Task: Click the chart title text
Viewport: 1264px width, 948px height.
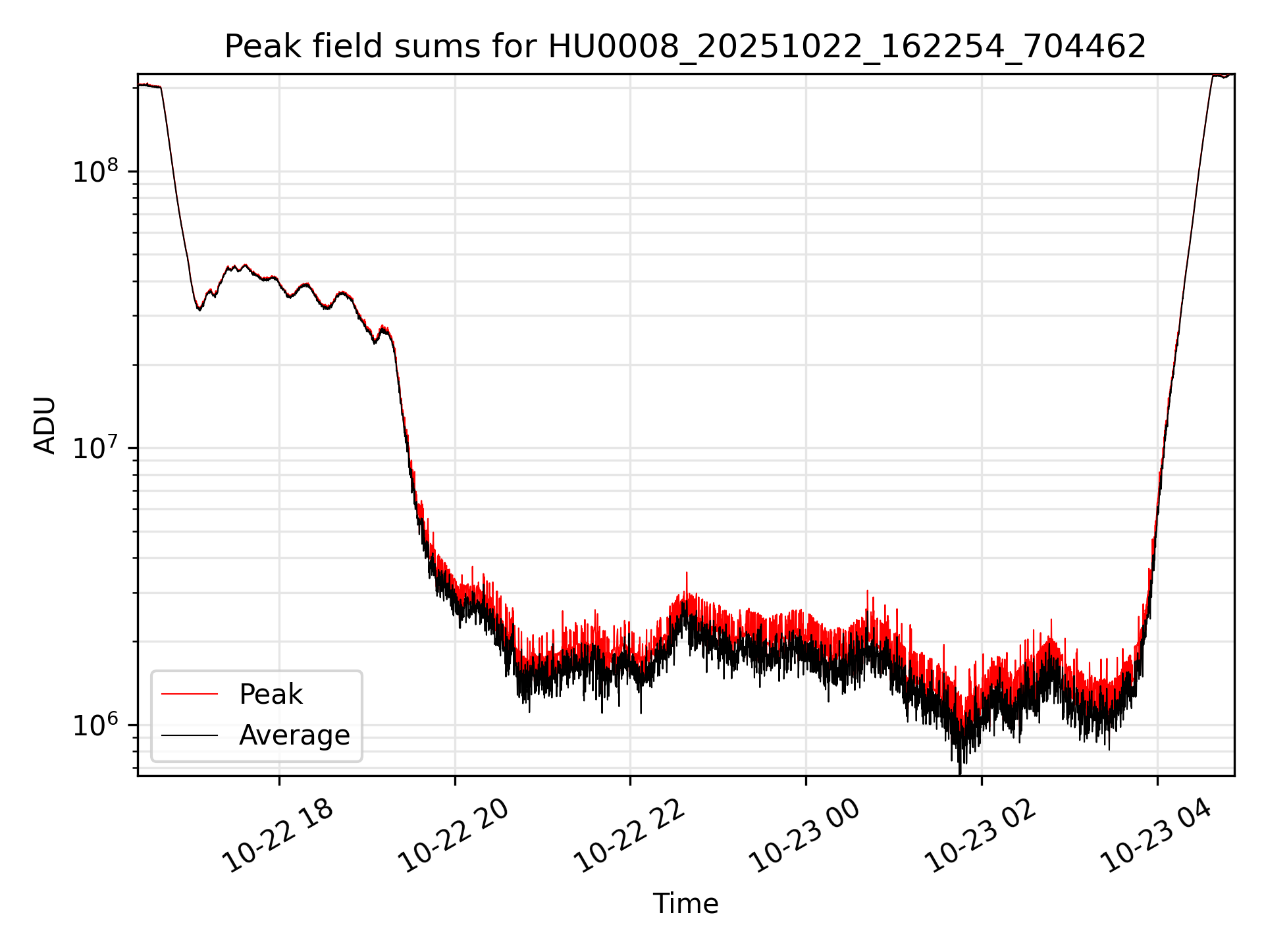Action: click(x=685, y=47)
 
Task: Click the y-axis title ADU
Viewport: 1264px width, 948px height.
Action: click(x=45, y=425)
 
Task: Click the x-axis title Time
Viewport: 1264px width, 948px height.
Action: click(x=685, y=903)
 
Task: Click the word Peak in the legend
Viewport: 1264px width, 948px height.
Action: click(x=271, y=695)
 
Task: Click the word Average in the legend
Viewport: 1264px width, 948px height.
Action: click(x=294, y=735)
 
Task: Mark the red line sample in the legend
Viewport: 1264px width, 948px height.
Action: click(x=190, y=694)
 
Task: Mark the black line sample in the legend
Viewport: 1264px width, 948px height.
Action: click(x=190, y=735)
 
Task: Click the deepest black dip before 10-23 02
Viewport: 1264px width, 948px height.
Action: click(x=960, y=772)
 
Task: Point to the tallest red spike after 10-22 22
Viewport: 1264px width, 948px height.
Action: click(x=687, y=573)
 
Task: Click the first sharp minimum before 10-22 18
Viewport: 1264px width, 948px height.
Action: click(x=199, y=309)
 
